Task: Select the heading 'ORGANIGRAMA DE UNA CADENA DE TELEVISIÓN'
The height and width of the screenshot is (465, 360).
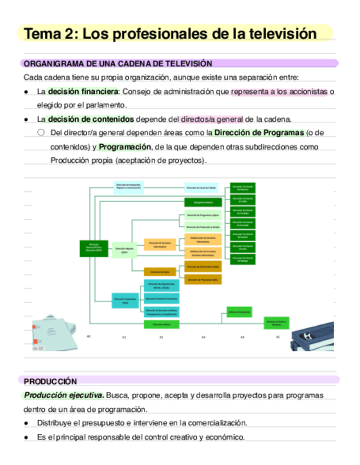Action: click(x=118, y=64)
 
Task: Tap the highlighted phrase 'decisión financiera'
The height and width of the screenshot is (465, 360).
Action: click(x=83, y=92)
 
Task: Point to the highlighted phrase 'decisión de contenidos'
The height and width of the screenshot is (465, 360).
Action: click(x=91, y=119)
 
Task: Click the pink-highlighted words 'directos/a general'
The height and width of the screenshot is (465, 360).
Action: click(x=212, y=119)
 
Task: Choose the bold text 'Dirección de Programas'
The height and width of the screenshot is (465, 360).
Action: click(x=258, y=133)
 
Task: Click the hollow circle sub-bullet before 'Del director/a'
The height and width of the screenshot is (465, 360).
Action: click(x=41, y=133)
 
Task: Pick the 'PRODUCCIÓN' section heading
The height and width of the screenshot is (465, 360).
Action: click(x=50, y=381)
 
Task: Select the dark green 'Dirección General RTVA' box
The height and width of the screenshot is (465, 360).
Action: click(x=94, y=248)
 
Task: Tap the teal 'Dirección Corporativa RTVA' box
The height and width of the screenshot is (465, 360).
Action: click(x=125, y=300)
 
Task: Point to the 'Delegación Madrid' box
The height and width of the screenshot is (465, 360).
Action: click(x=203, y=202)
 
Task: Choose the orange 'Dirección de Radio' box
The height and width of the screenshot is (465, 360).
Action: click(x=160, y=271)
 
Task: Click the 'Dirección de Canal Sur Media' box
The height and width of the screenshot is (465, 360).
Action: click(x=201, y=188)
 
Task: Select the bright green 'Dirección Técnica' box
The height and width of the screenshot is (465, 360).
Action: click(x=161, y=325)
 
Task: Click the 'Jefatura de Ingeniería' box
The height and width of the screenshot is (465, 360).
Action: click(x=239, y=311)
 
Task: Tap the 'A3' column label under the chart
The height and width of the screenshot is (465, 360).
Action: click(x=203, y=337)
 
